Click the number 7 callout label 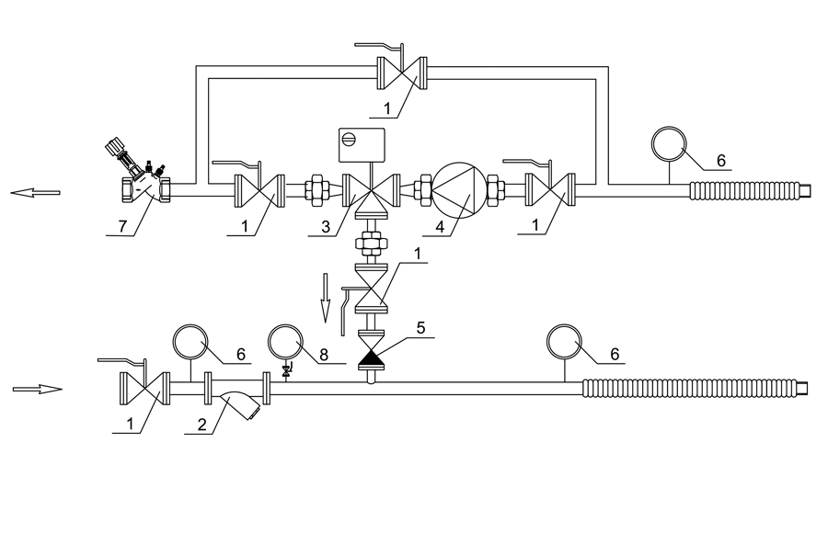[122, 226]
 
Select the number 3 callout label [326, 227]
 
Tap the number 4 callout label [440, 227]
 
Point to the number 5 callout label [420, 328]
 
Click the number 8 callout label [324, 355]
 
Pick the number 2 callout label [202, 425]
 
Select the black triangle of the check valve [373, 358]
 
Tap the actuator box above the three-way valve [362, 145]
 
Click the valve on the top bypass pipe [402, 74]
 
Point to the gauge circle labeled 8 [286, 342]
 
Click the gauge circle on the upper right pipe [670, 143]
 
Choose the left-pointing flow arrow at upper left [35, 193]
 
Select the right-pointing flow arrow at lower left [38, 390]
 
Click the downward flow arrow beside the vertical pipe [326, 298]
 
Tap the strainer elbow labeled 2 [241, 403]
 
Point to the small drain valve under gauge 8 [286, 371]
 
